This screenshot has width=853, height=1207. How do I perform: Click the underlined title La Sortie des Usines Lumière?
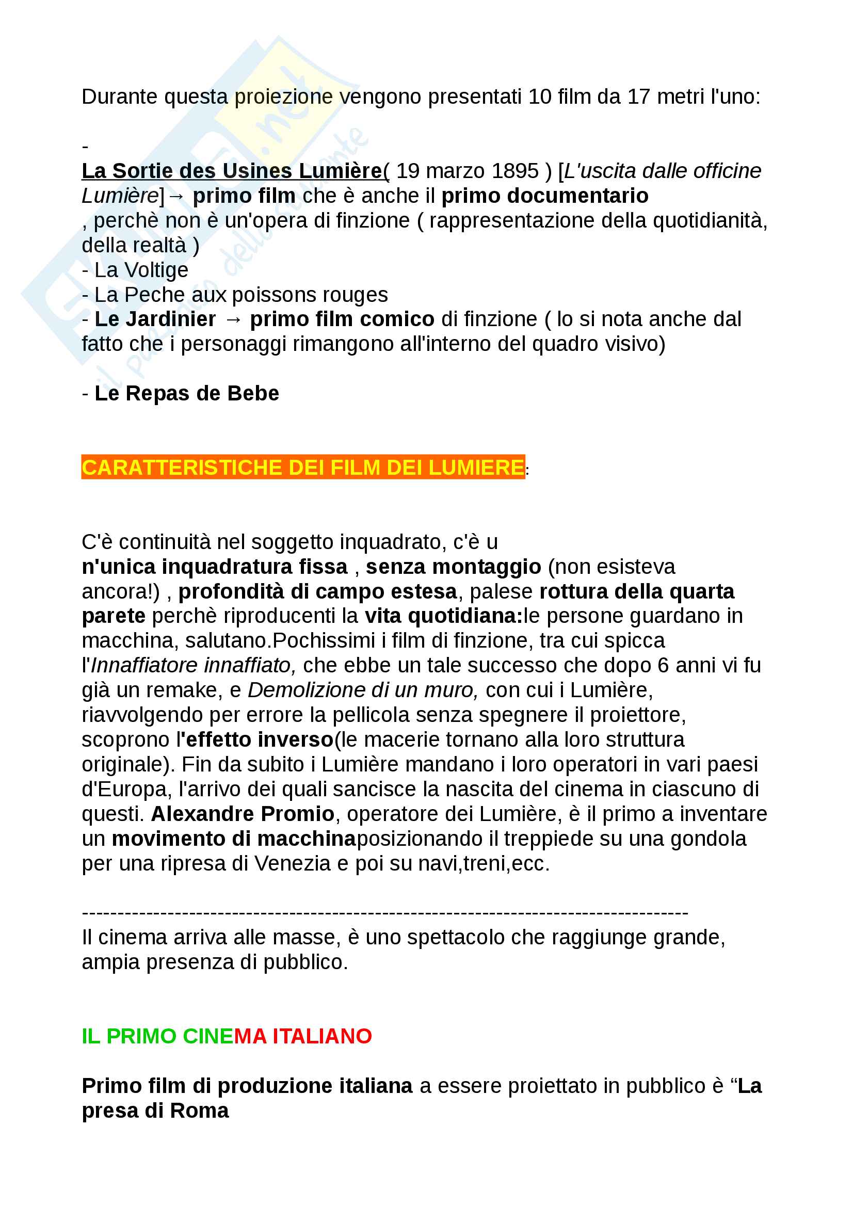tap(232, 171)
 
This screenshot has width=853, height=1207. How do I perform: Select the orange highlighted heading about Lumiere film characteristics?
tap(303, 468)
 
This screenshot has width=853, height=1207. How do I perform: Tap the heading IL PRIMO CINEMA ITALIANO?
tap(227, 1036)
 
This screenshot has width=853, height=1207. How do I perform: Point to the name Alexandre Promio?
tap(243, 814)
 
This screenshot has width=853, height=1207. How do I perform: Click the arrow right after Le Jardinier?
tap(233, 319)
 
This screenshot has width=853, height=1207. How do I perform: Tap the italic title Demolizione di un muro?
tap(363, 690)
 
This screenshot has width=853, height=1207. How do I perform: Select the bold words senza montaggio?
tap(453, 567)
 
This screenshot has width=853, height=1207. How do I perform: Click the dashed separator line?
tap(385, 913)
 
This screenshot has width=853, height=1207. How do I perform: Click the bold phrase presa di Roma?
tap(155, 1111)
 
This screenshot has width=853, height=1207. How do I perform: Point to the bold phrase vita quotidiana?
tap(443, 616)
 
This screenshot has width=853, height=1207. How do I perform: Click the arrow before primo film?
tap(177, 196)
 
